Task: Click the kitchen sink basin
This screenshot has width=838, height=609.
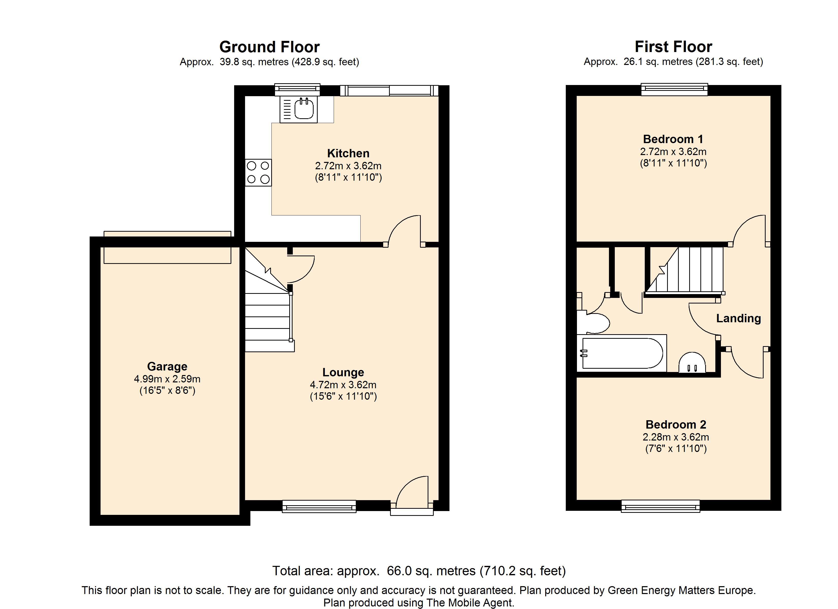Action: coord(304,109)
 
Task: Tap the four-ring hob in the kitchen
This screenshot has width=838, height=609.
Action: coord(258,173)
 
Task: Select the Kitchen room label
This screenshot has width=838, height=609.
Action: coord(348,153)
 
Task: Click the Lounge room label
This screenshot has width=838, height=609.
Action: coord(343,372)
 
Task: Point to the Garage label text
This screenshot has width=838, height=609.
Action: coord(167,366)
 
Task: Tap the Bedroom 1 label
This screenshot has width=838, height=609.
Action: coord(673,139)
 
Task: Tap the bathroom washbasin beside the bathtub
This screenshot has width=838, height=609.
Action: coord(692,363)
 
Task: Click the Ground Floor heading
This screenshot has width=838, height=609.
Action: coord(269,47)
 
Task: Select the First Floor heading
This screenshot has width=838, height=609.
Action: coord(673,47)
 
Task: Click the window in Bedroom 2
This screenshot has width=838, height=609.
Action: coord(661,506)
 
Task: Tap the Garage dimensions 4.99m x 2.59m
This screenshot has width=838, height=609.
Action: coord(167,379)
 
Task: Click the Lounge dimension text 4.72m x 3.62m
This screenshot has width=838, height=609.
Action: coord(343,385)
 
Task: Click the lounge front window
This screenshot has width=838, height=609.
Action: coord(319,506)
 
